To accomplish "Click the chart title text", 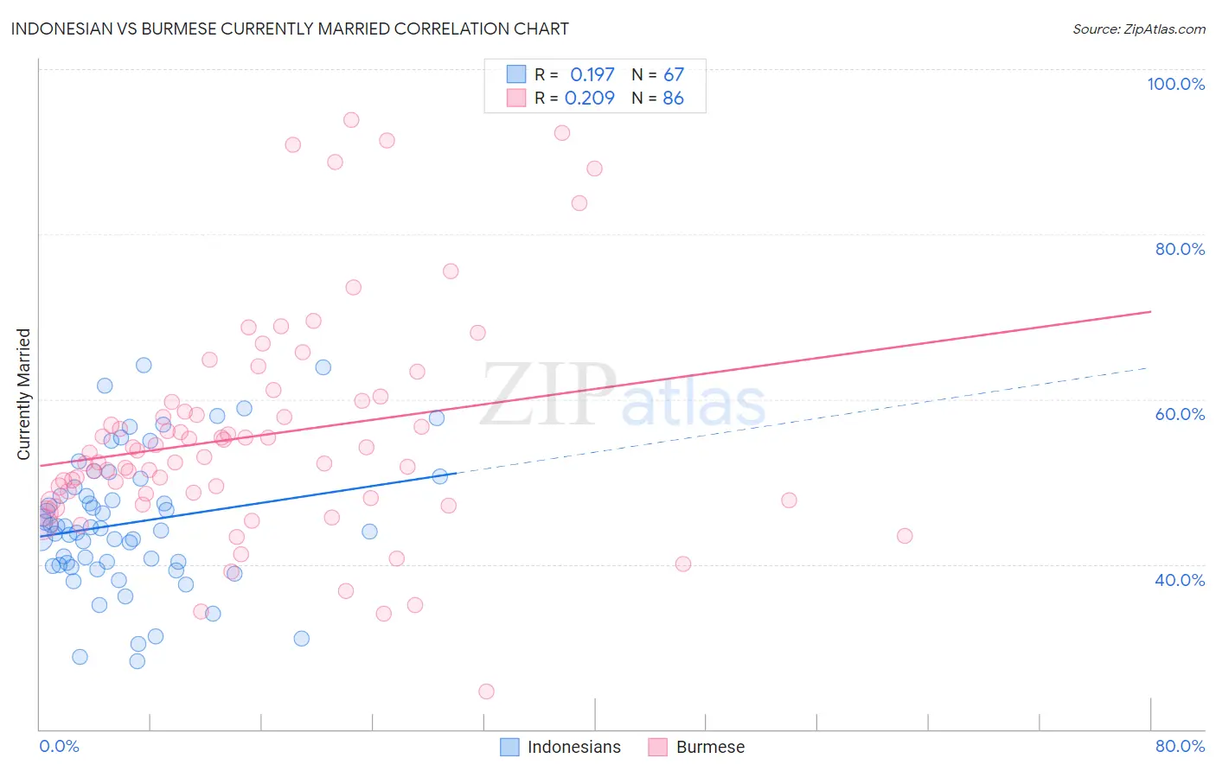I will point(290,29).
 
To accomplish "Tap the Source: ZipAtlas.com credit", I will point(1138,29).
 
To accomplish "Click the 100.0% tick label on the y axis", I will point(1175,84).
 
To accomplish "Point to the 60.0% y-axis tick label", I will point(1180,414).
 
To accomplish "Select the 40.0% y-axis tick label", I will point(1180,580).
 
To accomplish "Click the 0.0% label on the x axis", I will point(59,746).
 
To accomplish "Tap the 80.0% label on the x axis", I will point(1180,746).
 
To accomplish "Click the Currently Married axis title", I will point(23,394).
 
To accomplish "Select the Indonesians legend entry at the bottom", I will point(561,747).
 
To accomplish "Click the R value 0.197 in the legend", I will point(592,75).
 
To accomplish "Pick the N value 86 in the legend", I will point(673,99).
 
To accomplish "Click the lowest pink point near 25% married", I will point(486,691).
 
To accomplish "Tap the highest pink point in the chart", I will point(351,120).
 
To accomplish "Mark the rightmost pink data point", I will point(905,536).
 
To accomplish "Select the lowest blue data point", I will point(138,661).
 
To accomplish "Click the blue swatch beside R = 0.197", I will point(516,74).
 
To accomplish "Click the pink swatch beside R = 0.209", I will point(516,98).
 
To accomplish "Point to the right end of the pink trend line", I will point(1150,311).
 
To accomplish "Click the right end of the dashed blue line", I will point(1147,368).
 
